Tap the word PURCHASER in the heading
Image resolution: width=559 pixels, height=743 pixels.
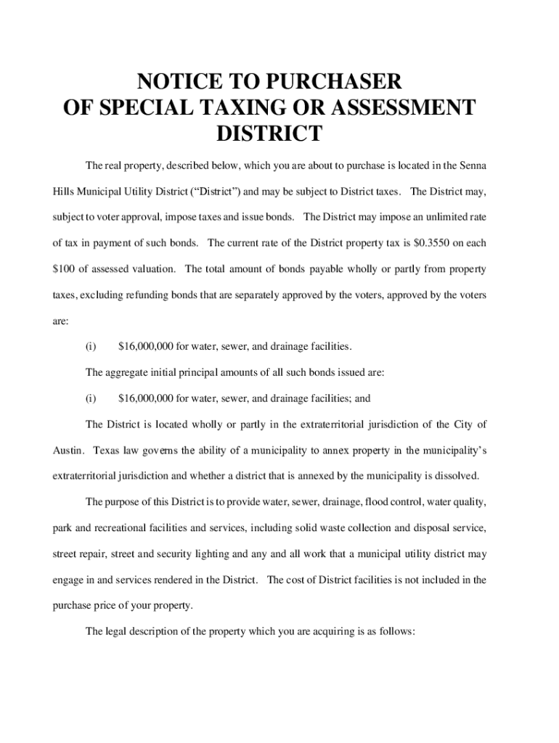pyautogui.click(x=325, y=81)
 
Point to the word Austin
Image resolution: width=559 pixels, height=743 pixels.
pyautogui.click(x=69, y=451)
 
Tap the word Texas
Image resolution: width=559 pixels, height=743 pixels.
pyautogui.click(x=107, y=451)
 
